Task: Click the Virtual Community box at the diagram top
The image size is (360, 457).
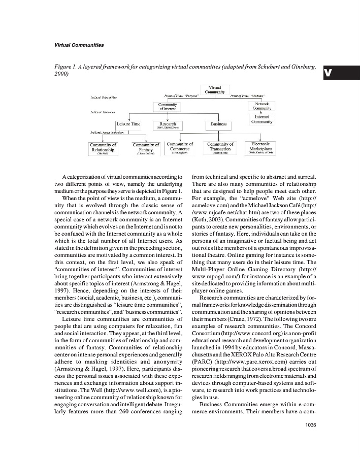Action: click(x=215, y=89)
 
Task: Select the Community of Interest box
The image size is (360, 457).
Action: click(x=168, y=107)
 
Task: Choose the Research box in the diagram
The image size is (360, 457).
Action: click(x=168, y=125)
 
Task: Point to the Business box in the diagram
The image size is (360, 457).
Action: click(x=219, y=124)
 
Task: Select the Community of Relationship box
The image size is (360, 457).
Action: click(x=103, y=148)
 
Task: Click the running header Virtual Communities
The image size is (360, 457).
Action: click(x=79, y=45)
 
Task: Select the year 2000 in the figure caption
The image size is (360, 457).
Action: click(x=61, y=74)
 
